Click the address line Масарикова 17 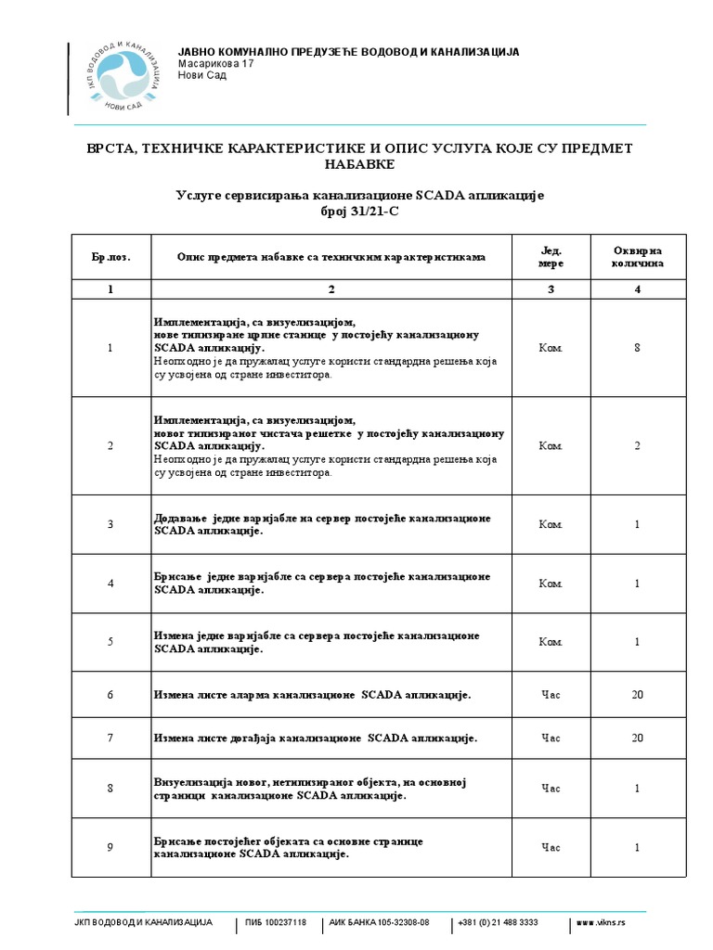(215, 64)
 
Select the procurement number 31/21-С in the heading (358, 212)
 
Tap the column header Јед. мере (551, 256)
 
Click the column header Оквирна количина (638, 256)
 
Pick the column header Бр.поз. (110, 256)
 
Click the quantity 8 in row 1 (637, 348)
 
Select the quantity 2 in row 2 (637, 446)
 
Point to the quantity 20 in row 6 (637, 695)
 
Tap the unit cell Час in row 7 (551, 738)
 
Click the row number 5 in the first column (110, 642)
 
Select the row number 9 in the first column (110, 847)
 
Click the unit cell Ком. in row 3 (551, 524)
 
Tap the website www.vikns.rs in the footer (601, 923)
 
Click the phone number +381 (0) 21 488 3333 (498, 923)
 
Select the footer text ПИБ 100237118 (276, 923)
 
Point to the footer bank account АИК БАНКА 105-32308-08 (380, 923)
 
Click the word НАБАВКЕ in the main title (358, 164)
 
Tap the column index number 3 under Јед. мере (551, 289)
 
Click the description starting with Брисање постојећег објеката (288, 847)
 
